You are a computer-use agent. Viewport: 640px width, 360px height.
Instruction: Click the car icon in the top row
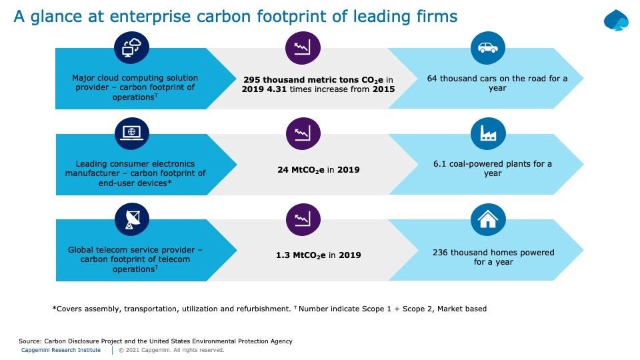487,48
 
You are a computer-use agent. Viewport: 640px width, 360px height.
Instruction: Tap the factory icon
487,134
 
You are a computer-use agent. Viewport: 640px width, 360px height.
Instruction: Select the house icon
487,219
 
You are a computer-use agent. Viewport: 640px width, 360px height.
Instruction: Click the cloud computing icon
131,48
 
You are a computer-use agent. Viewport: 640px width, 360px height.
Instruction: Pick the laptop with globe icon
131,133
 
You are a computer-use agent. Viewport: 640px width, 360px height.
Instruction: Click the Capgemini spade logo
616,20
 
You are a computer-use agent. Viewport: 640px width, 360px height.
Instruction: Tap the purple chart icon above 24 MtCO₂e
303,134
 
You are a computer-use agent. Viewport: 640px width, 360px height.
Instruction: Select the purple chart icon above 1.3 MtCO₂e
303,219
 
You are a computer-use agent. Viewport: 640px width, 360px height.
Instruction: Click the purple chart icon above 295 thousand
303,48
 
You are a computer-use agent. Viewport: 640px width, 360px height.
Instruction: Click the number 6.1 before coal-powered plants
440,163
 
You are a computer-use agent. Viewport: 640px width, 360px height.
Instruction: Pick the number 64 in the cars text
433,78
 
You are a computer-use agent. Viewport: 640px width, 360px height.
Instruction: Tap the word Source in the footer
30,341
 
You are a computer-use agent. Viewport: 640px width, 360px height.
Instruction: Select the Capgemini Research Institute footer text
61,350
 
